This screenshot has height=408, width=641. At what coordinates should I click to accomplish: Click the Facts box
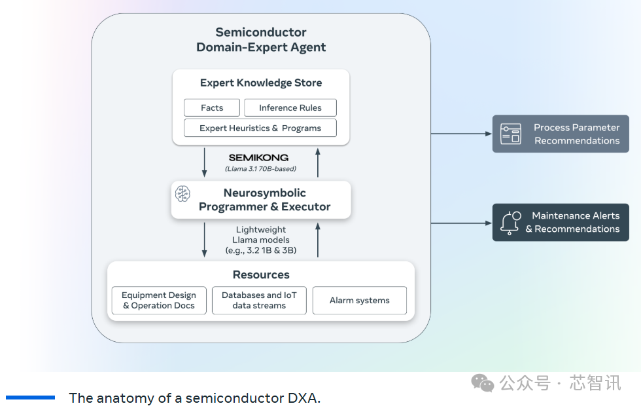(212, 107)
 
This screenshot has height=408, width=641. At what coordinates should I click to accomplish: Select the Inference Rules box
(290, 107)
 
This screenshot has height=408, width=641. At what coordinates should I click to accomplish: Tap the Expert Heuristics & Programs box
(260, 128)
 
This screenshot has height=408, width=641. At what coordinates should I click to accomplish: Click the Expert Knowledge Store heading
(260, 83)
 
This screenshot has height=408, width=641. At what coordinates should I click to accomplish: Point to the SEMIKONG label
(258, 158)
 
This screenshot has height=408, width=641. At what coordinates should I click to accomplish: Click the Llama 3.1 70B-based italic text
(260, 169)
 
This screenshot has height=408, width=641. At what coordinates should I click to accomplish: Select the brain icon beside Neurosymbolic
(182, 193)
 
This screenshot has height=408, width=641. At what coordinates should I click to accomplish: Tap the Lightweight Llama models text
(260, 240)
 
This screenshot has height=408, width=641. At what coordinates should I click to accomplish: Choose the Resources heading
(260, 275)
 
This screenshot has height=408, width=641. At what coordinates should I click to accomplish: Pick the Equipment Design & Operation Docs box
(159, 301)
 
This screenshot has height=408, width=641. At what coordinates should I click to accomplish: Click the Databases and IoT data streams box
(259, 301)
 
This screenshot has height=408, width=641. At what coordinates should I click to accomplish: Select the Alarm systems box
(359, 301)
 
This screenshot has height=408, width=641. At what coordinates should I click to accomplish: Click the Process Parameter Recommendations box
(561, 134)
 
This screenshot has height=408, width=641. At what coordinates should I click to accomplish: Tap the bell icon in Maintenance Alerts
(510, 222)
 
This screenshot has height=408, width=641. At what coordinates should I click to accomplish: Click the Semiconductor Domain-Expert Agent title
(260, 39)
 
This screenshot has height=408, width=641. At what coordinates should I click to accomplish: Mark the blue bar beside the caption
(30, 398)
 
